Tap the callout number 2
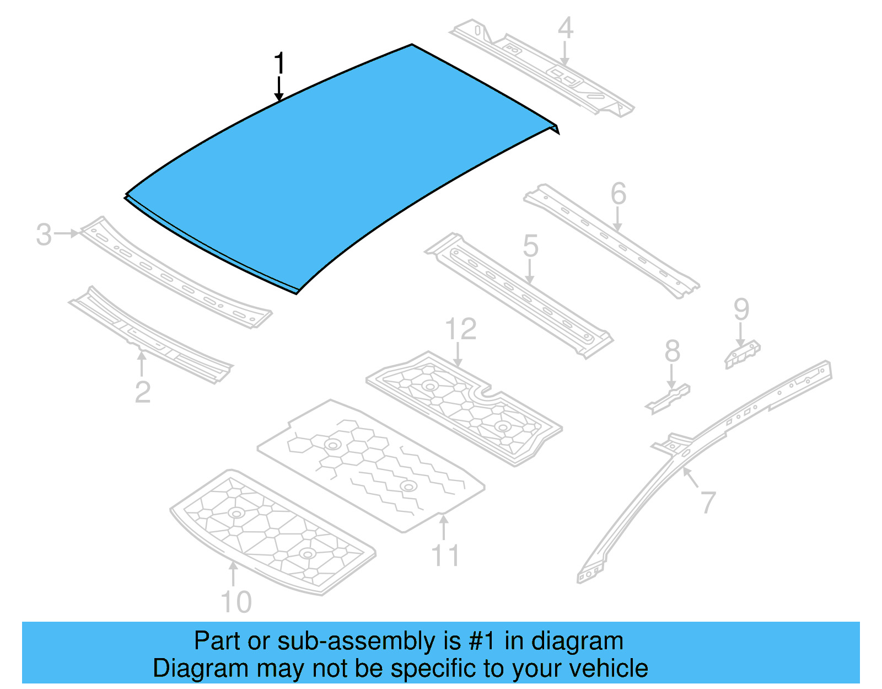tap(143, 392)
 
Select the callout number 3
tap(44, 234)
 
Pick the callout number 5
tap(530, 245)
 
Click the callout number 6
tap(619, 194)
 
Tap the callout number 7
tap(708, 502)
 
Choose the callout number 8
tap(673, 351)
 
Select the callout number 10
tap(236, 602)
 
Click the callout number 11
tap(445, 556)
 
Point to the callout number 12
tap(460, 329)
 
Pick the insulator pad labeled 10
tap(273, 532)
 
